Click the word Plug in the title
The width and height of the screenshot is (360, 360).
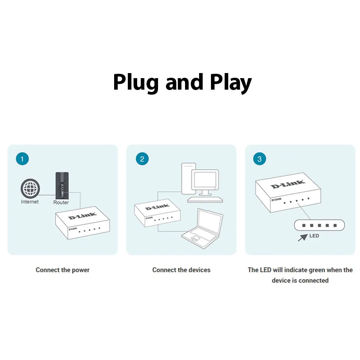coord(136,83)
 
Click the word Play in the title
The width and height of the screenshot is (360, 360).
coord(230,83)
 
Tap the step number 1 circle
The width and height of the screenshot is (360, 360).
coord(22,159)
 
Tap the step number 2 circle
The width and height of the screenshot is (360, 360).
coord(142,159)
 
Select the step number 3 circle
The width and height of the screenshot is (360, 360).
coord(260,159)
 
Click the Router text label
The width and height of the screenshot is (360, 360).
coord(61,202)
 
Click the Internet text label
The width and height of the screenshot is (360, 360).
coord(30,202)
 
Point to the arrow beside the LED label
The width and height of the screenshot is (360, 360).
coord(303,237)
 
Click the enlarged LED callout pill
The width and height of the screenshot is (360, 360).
coord(319,225)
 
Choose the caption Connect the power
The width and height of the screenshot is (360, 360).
coord(63,270)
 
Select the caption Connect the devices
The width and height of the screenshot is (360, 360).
coord(181,270)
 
